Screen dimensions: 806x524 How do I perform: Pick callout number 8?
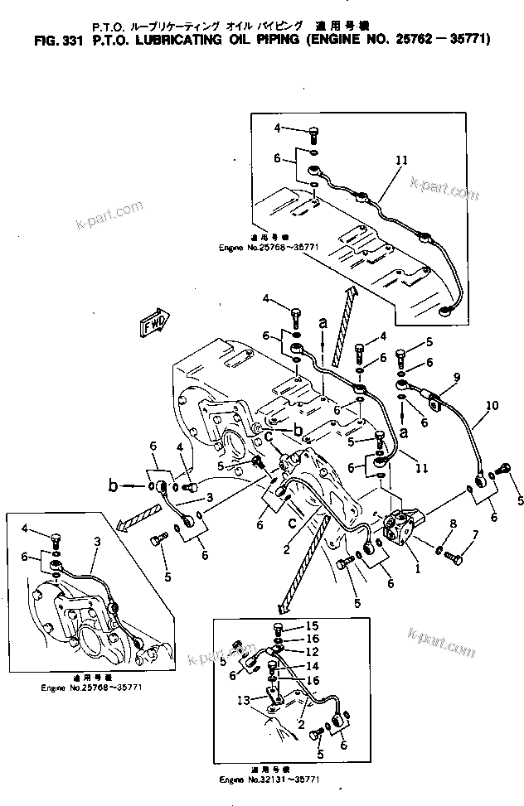tap(452, 524)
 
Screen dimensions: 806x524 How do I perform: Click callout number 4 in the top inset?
tap(278, 128)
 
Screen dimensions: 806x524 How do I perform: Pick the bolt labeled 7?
tap(452, 560)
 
